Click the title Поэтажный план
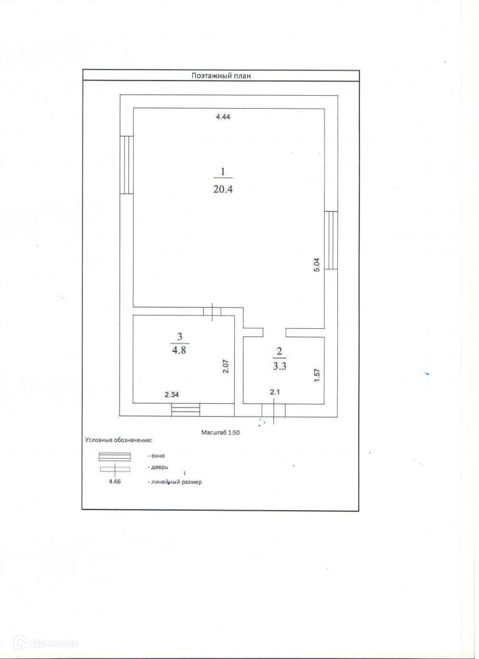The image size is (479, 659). [x=221, y=76]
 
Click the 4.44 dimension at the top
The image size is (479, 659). [x=223, y=117]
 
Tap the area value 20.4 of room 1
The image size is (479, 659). [x=224, y=189]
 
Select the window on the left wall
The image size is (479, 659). [x=126, y=165]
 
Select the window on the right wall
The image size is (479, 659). [x=331, y=240]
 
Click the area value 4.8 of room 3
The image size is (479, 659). [x=179, y=350]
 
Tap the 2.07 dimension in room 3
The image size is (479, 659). [x=225, y=366]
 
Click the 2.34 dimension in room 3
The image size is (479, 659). [x=171, y=395]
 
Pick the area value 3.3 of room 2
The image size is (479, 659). [x=279, y=367]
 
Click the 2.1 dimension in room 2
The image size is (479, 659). [x=275, y=392]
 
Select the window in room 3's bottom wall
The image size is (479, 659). [x=185, y=410]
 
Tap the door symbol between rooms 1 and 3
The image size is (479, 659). [x=212, y=311]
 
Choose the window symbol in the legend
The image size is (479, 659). [x=114, y=456]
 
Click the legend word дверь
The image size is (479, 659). [x=157, y=468]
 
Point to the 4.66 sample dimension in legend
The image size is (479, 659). [x=114, y=482]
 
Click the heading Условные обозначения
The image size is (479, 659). [x=118, y=439]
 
